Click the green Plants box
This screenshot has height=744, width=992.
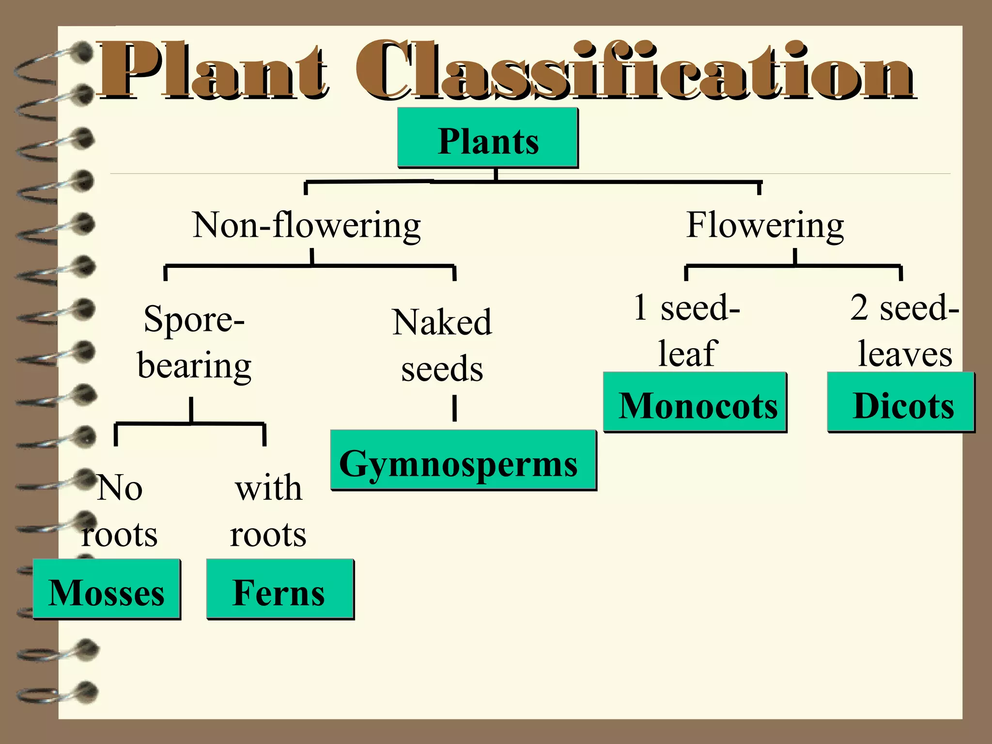488,138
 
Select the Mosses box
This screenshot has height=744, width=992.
107,589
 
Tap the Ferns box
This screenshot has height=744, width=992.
280,589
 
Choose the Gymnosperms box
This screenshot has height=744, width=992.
463,460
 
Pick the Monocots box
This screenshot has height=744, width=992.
695,402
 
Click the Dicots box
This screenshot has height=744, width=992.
901,402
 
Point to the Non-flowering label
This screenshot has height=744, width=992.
307,225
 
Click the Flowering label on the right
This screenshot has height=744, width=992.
765,225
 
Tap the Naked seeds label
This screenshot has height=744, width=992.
442,345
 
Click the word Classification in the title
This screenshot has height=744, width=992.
635,71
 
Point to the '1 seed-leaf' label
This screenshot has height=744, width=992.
687,330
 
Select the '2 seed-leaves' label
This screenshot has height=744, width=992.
904,330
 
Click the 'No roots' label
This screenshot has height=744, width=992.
120,511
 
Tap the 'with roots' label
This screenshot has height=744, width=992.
268,511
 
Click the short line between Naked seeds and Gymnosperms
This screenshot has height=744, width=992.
454,408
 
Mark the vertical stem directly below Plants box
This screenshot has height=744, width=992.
496,174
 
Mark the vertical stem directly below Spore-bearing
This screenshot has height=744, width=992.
191,410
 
